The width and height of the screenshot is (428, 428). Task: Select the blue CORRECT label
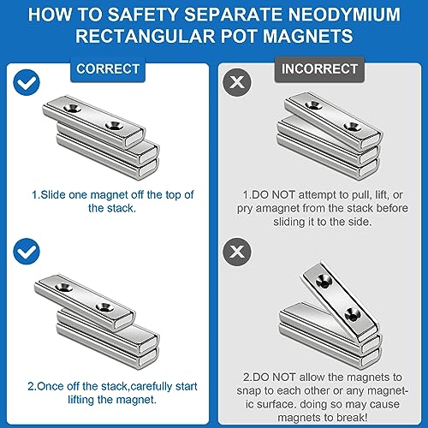pyautogui.click(x=108, y=69)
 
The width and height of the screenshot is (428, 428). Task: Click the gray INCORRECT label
pyautogui.click(x=319, y=69)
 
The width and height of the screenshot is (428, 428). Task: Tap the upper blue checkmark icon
pyautogui.click(x=27, y=82)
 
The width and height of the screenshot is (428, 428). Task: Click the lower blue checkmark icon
pyautogui.click(x=27, y=252)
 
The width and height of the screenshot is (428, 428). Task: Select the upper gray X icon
pyautogui.click(x=237, y=82)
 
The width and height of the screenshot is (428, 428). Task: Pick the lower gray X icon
pyautogui.click(x=237, y=252)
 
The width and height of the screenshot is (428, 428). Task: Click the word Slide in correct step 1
pyautogui.click(x=53, y=195)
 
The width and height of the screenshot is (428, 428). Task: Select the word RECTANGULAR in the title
pyautogui.click(x=145, y=36)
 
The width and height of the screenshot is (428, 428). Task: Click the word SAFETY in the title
pyautogui.click(x=143, y=15)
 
